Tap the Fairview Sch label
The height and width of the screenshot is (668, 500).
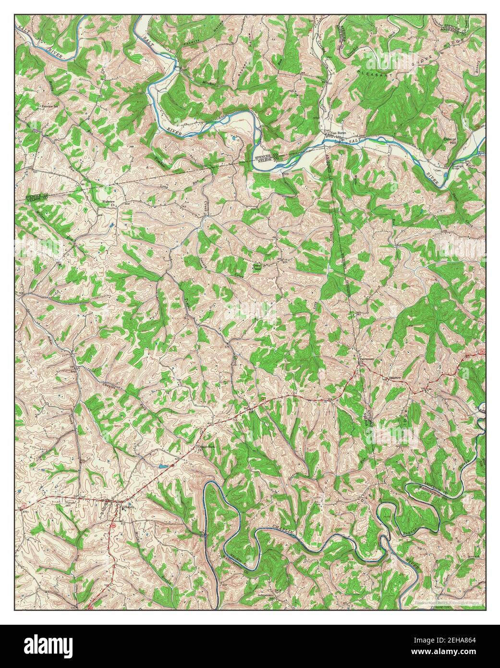50,105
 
